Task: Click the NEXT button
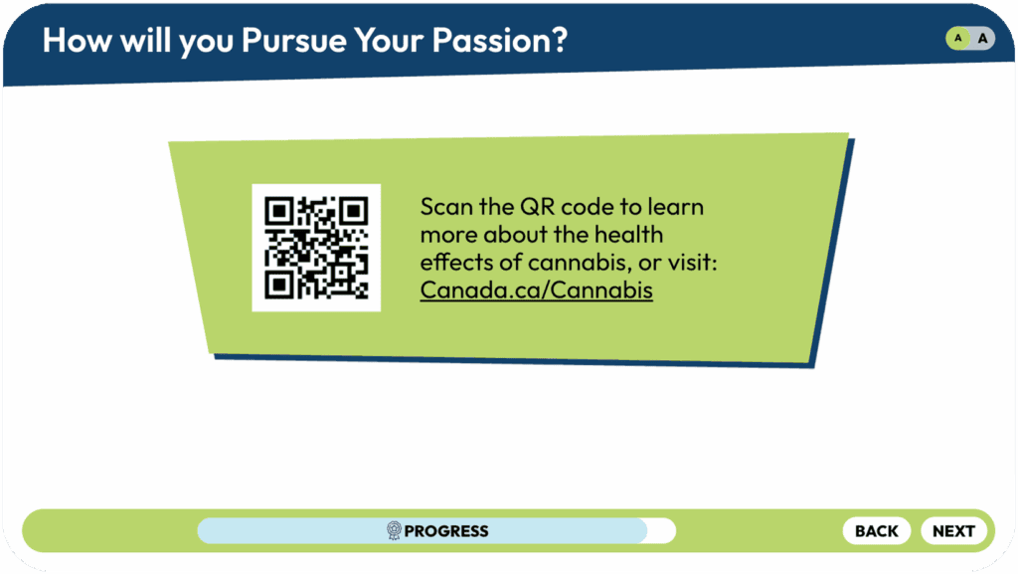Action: pos(953,531)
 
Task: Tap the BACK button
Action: pos(877,531)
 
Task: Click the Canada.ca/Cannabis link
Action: pos(536,289)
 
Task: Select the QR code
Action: pos(316,248)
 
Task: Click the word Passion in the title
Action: pos(499,40)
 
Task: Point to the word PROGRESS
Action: pos(446,531)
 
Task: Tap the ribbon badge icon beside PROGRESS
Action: pos(394,530)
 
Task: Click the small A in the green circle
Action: pos(957,39)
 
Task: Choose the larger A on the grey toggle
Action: pos(983,39)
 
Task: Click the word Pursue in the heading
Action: pos(294,40)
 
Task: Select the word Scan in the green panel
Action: pos(446,207)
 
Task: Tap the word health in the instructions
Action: pos(628,235)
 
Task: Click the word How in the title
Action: pos(77,40)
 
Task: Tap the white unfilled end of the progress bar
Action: pos(661,531)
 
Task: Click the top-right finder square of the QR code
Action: pos(354,210)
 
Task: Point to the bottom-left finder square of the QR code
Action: pos(279,286)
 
